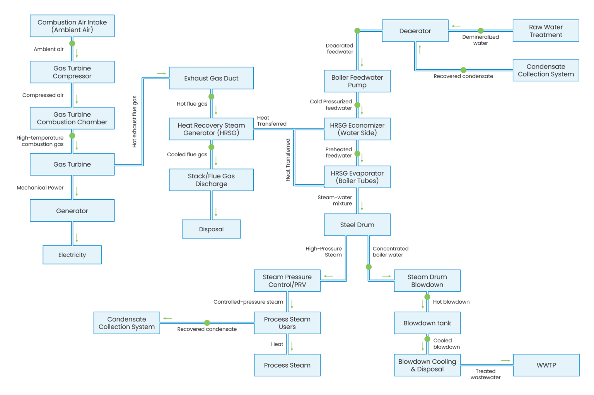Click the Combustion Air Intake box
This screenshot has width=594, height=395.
(72, 26)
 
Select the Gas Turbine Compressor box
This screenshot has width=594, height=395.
(72, 72)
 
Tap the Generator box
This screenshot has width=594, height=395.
(72, 211)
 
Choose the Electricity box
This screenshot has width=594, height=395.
(72, 255)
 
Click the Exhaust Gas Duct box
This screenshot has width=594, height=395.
(211, 78)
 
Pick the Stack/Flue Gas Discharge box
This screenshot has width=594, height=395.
(211, 180)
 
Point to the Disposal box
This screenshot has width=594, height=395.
(211, 229)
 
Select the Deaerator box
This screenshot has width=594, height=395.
(415, 31)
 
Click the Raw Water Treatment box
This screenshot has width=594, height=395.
(546, 31)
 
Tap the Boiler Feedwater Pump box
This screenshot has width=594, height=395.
(357, 81)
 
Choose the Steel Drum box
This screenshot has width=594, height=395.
(357, 225)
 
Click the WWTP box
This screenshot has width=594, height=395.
(546, 365)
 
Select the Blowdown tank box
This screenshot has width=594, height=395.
(427, 323)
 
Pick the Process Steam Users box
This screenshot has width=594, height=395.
(287, 323)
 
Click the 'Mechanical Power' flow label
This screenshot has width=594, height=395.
(40, 188)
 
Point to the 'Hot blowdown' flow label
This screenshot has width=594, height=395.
(451, 302)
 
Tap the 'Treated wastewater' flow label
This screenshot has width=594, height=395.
(485, 374)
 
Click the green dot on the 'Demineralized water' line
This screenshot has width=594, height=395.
(480, 31)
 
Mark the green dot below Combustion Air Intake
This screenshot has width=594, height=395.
(72, 43)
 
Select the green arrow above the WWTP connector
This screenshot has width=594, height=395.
(505, 361)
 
